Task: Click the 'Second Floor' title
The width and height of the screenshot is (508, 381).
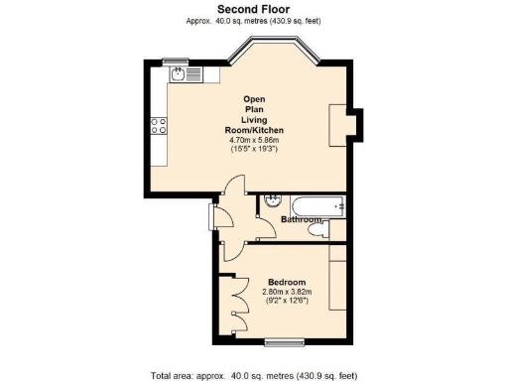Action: click(253, 9)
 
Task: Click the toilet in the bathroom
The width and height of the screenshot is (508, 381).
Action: click(317, 230)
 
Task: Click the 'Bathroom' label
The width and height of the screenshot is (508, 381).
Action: click(303, 219)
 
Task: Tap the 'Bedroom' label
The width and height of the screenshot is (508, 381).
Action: click(286, 282)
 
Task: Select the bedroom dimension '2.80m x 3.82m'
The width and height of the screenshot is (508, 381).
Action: click(286, 292)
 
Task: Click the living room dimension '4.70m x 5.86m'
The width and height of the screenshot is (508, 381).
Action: click(253, 140)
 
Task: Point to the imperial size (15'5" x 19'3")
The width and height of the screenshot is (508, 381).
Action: click(253, 150)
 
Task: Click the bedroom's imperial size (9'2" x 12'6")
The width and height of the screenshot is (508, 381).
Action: click(286, 302)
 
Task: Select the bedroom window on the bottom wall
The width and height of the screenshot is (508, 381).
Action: click(285, 343)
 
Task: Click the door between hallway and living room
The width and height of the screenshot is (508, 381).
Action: click(231, 189)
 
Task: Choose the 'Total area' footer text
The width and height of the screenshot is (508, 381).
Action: click(253, 375)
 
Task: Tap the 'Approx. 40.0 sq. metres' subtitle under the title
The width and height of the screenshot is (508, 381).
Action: click(253, 21)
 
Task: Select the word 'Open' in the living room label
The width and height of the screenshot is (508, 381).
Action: click(253, 99)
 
